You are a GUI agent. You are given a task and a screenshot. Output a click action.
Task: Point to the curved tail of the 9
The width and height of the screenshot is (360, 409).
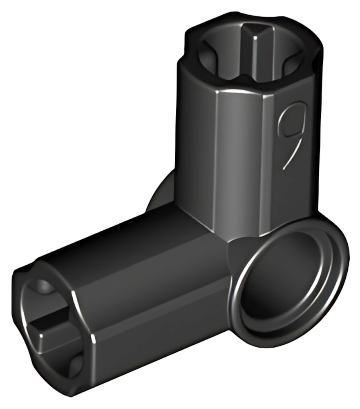tap(292, 154)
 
